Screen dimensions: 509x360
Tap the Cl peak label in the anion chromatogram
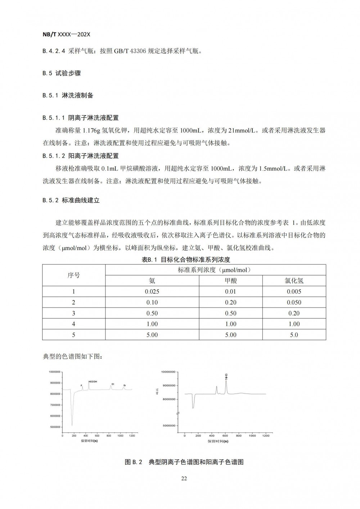(113, 384)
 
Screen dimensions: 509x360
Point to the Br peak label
(125, 386)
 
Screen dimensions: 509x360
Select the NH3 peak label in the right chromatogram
(226, 377)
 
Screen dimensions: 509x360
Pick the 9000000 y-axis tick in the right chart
(168, 385)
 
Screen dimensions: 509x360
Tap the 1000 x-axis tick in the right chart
(252, 436)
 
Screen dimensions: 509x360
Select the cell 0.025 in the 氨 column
(152, 291)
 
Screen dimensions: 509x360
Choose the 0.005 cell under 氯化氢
(294, 291)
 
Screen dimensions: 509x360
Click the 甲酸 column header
(230, 281)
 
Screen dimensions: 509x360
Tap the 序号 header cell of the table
(74, 275)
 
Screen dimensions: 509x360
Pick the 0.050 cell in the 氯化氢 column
(294, 302)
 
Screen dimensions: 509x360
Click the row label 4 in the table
(74, 324)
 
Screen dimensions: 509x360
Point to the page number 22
(184, 478)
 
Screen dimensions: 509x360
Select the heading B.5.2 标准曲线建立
(71, 200)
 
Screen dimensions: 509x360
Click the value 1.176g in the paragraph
(92, 130)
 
